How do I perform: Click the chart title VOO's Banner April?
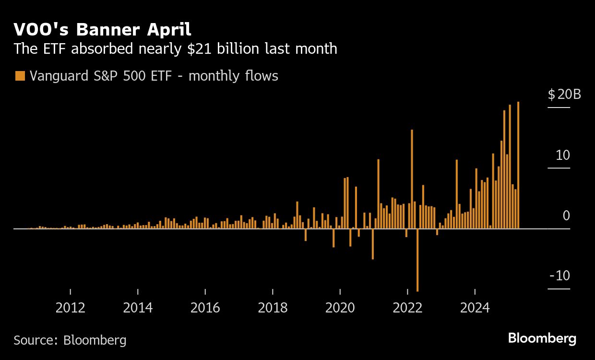click(x=102, y=30)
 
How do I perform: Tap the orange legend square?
click(x=20, y=76)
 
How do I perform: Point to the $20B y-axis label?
click(x=564, y=94)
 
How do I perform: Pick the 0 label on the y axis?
click(x=566, y=216)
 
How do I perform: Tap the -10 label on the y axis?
click(x=559, y=276)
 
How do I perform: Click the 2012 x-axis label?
click(x=71, y=307)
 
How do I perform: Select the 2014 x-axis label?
click(x=138, y=307)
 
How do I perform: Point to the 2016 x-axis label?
click(x=205, y=307)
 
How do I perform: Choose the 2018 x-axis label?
click(x=273, y=307)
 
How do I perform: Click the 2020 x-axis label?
click(x=340, y=307)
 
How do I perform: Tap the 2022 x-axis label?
click(x=407, y=307)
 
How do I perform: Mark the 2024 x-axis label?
click(x=475, y=307)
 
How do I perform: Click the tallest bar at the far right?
click(x=518, y=165)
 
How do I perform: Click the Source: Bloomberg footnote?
click(x=70, y=340)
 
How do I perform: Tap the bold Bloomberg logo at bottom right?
click(x=542, y=338)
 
